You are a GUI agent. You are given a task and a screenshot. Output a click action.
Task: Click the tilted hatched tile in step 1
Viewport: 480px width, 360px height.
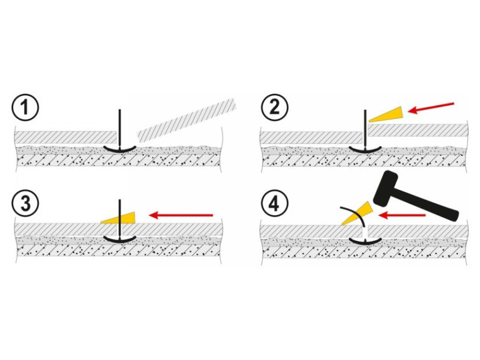coord(186,117)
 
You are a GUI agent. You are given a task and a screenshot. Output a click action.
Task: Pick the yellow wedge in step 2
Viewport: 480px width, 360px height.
coord(387,113)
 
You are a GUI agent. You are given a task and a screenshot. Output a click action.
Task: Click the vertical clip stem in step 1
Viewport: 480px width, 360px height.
coord(120,126)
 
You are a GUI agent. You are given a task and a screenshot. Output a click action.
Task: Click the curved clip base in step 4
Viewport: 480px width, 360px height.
coord(365,242)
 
